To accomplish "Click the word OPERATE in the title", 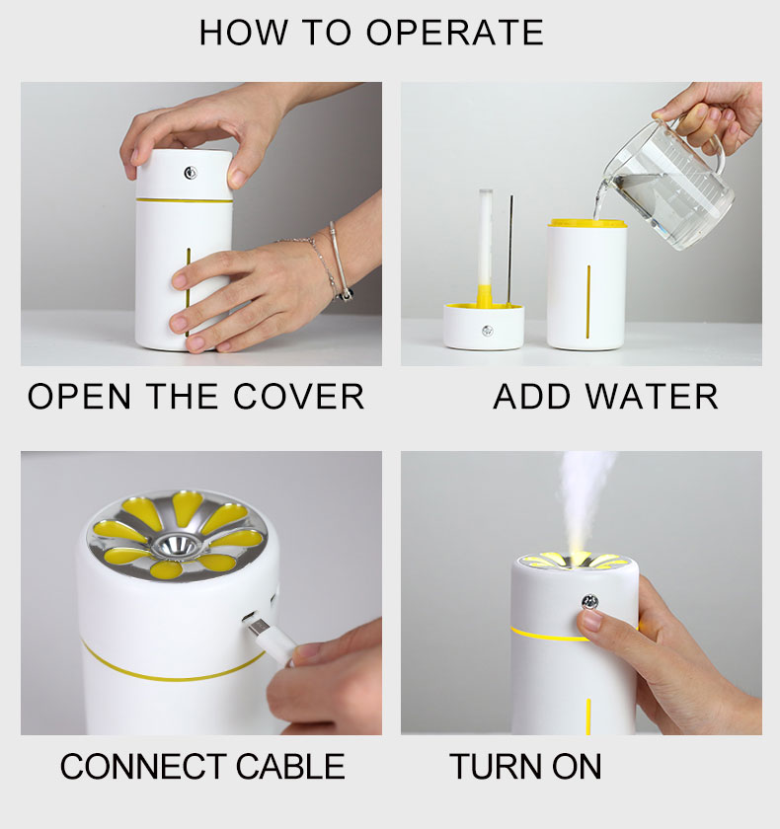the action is click(455, 33).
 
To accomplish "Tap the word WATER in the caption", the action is click(653, 396).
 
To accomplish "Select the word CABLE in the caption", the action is click(290, 766).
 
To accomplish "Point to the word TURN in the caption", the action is click(495, 766).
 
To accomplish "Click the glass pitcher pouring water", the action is click(669, 186).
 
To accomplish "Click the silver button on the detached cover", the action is click(488, 331).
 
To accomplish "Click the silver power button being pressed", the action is click(589, 602).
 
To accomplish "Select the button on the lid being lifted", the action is click(191, 173).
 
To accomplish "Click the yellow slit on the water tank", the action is click(588, 301).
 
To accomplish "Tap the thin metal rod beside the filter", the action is click(511, 249).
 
